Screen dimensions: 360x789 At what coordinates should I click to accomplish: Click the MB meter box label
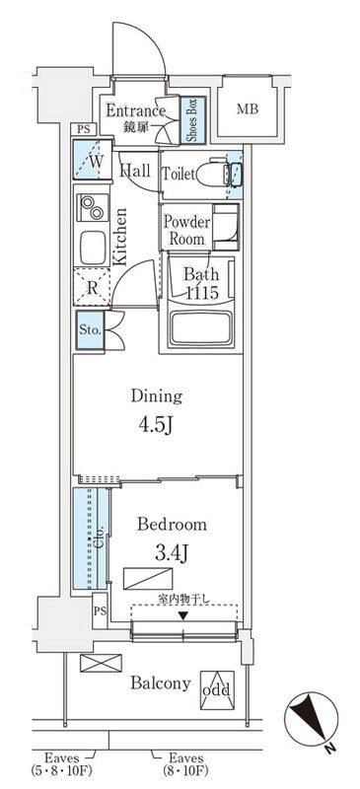coord(248,109)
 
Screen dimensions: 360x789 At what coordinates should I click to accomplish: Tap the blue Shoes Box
coord(193,120)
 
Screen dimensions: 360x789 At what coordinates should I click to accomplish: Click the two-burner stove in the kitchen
coord(93,208)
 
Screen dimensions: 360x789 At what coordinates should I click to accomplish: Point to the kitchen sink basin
coord(93,248)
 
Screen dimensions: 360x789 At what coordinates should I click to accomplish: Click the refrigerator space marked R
coord(92,287)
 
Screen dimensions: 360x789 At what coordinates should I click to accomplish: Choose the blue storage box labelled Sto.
coord(91,331)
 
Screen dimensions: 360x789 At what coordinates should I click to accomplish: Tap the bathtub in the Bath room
coord(201,327)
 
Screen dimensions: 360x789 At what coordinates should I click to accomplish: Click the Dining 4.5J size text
coord(156,426)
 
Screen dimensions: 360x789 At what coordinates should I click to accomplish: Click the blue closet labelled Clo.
coord(91,538)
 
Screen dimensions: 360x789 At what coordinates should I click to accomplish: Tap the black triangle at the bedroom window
coord(183,615)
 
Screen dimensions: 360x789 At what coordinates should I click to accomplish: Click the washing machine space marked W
coord(93,160)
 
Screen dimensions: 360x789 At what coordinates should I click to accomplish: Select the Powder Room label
coord(186,230)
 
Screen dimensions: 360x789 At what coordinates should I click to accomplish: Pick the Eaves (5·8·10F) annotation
coord(62,763)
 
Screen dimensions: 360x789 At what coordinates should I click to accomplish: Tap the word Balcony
coord(161,683)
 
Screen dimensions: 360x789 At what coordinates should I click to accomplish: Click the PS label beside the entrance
coord(84,129)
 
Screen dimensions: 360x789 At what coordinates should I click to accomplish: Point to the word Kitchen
coord(119,237)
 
